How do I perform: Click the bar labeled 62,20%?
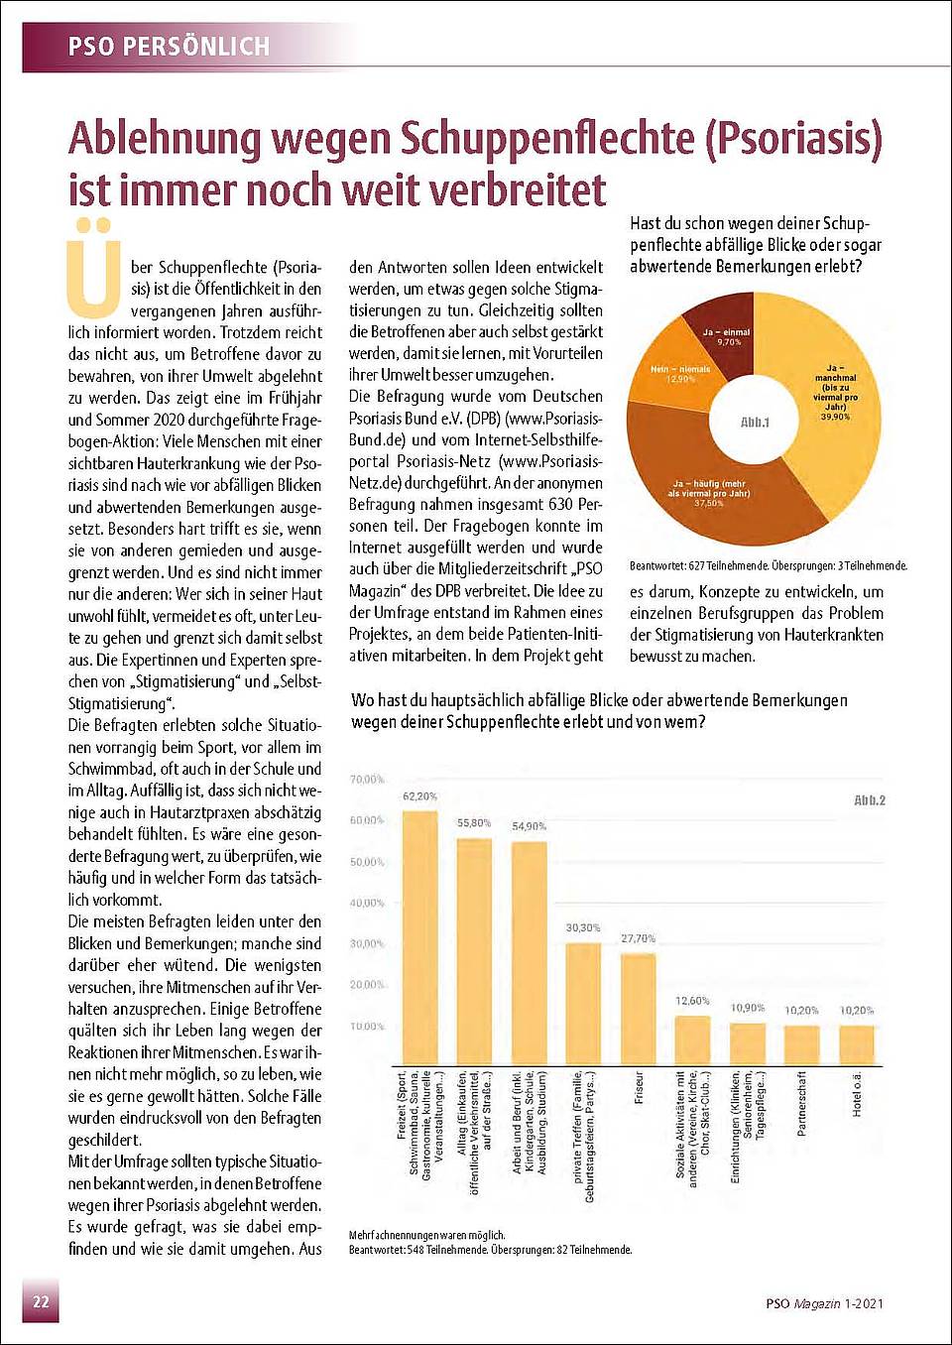[419, 938]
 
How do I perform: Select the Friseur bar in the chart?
[638, 1010]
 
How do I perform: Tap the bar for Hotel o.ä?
[857, 1045]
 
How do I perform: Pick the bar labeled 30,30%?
[583, 1004]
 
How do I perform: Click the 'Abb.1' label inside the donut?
[755, 423]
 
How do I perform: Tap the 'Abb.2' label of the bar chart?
[869, 800]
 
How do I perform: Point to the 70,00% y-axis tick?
[366, 780]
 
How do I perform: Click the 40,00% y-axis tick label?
[366, 903]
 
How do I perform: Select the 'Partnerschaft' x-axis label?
[801, 1104]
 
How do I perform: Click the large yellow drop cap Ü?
[94, 268]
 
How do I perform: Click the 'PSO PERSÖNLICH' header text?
[169, 47]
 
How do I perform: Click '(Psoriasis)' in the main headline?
[793, 139]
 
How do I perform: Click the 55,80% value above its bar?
[474, 822]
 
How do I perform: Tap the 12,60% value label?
[692, 1001]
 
